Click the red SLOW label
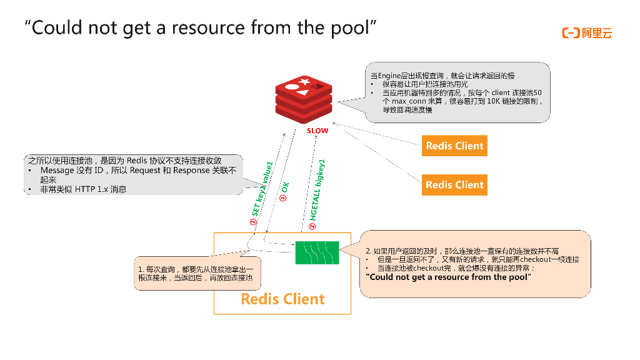click(317, 131)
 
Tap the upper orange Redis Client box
click(454, 146)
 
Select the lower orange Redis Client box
click(454, 184)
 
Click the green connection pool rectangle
click(317, 252)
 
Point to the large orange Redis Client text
click(282, 299)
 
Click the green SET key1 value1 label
click(262, 189)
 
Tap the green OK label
click(284, 189)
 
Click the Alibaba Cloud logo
click(587, 33)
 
